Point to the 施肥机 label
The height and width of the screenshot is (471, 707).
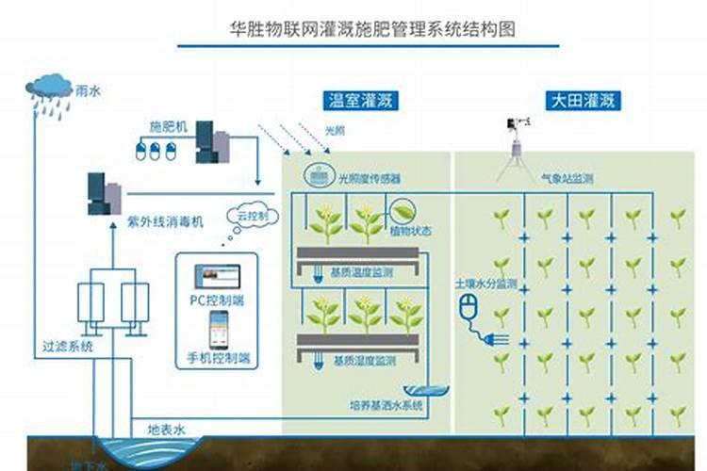(x=169, y=125)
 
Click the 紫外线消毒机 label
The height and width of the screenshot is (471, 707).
(x=165, y=222)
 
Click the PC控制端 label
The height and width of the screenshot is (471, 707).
(x=216, y=300)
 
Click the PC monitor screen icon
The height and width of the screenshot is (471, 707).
(x=217, y=275)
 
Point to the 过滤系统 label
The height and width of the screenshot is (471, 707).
(x=69, y=347)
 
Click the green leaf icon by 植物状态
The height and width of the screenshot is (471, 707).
(x=403, y=209)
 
